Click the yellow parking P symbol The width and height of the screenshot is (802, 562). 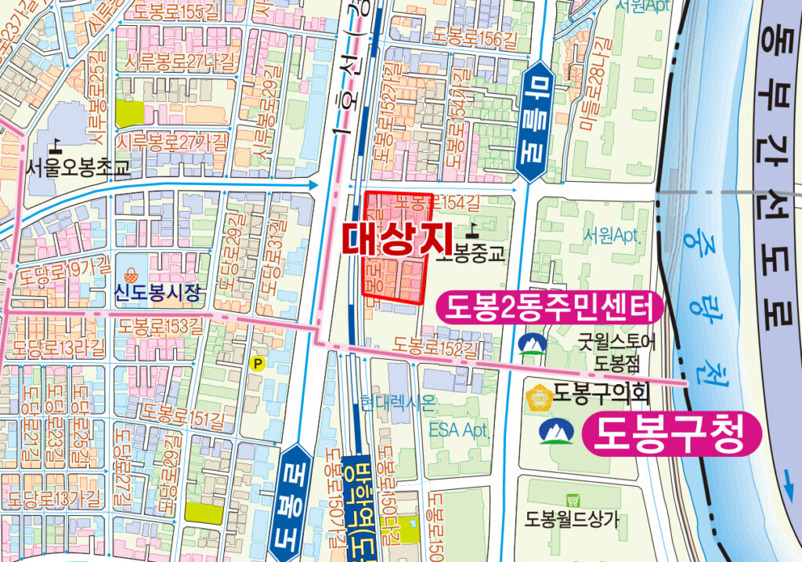tap(256, 363)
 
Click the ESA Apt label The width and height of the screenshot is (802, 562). tap(457, 430)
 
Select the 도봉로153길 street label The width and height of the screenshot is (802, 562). tap(161, 325)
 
